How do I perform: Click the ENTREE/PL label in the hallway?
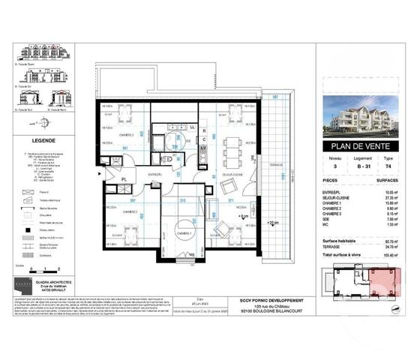(155, 174)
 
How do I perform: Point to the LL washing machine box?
(193, 128)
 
